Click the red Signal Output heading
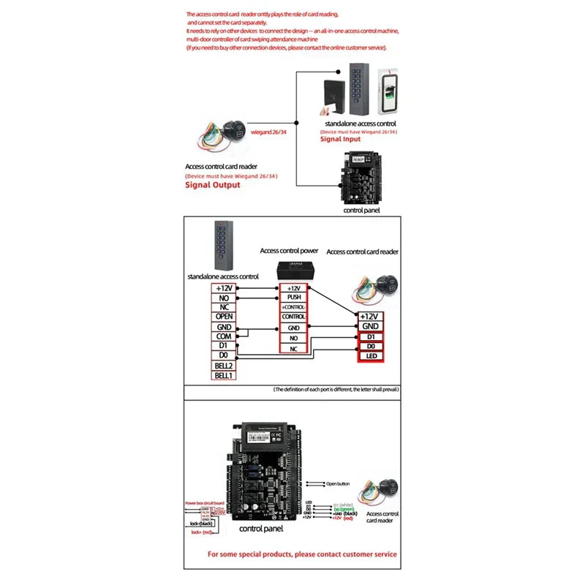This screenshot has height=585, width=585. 212,185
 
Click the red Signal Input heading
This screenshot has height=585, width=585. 341,139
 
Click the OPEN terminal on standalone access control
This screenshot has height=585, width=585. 223,317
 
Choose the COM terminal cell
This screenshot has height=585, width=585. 223,336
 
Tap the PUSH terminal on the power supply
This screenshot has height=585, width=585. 293,298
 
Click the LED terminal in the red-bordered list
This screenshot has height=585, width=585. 370,356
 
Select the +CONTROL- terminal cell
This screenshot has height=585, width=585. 293,307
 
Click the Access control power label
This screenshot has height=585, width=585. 289,251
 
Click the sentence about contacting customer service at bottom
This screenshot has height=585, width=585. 302,554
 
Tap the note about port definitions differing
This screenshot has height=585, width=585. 336,390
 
